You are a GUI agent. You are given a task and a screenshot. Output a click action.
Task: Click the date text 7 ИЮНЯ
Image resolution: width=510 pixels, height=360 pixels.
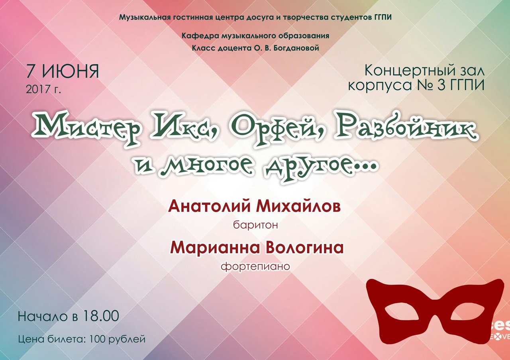click(63, 71)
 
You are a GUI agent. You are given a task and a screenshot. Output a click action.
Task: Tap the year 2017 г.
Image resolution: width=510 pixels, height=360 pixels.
click(43, 89)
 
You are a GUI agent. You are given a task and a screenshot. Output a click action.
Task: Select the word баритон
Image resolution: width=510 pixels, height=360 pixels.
click(255, 225)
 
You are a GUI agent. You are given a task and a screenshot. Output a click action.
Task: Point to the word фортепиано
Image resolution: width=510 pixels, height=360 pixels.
click(255, 266)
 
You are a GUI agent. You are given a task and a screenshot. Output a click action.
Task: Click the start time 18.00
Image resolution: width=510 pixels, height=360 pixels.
click(101, 316)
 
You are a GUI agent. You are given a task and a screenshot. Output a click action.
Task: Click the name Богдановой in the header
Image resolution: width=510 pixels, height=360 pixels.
click(296, 48)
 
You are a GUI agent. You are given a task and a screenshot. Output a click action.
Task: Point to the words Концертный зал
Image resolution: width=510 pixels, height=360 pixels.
click(425, 71)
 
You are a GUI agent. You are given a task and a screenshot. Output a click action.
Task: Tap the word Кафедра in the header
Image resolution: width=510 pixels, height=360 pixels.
click(197, 36)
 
